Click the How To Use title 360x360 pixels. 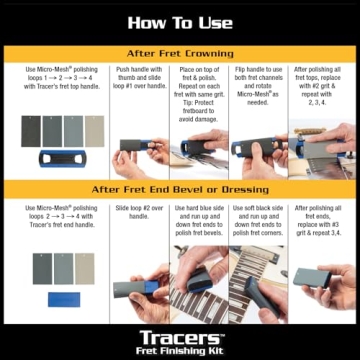(x=180, y=21)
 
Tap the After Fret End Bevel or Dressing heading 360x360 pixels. (x=180, y=189)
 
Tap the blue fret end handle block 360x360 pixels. (x=61, y=299)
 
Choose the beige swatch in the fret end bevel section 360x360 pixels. (x=84, y=267)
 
